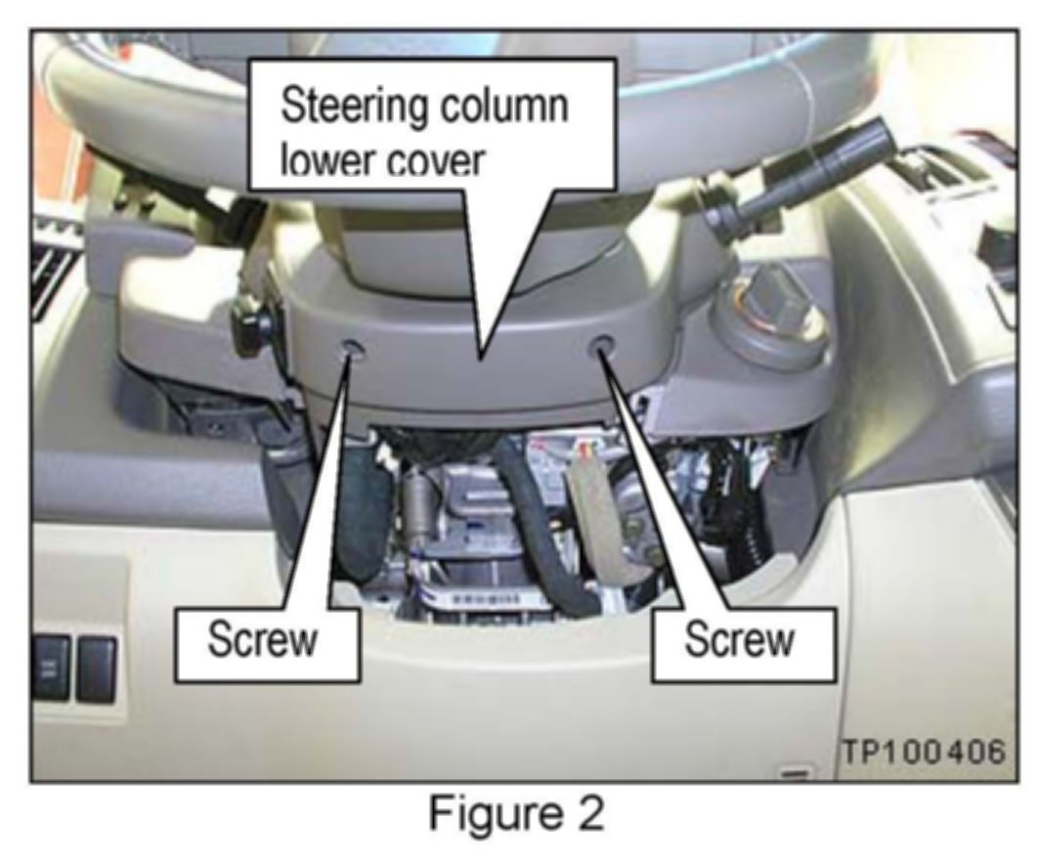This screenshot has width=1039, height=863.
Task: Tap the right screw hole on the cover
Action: click(x=603, y=346)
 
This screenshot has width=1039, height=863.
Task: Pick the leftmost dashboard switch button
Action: click(x=50, y=667)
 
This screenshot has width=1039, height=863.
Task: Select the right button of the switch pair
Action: click(x=97, y=667)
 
